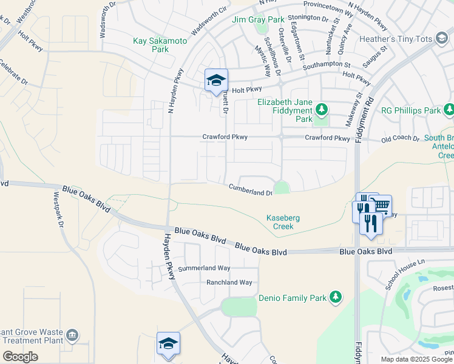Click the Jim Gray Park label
(258, 19)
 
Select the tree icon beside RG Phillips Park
(449, 110)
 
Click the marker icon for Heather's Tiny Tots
(441, 39)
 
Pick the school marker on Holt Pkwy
(216, 81)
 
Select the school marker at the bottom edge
(168, 344)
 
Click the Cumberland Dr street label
(250, 190)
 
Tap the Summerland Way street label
(204, 268)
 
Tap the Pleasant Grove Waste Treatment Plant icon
(72, 335)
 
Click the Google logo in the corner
(20, 357)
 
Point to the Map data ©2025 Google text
(416, 359)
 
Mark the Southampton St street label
(327, 64)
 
